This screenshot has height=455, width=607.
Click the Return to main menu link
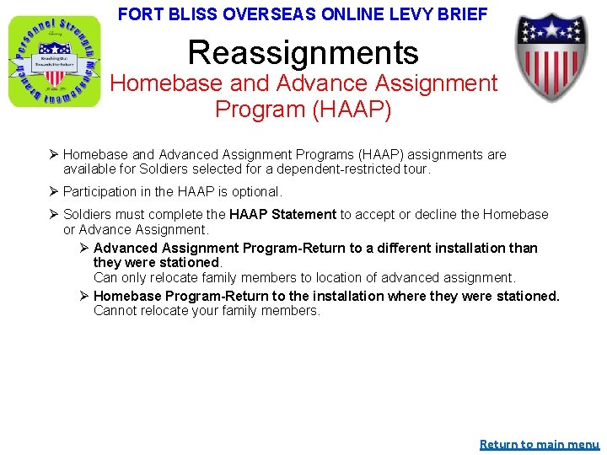point(539,444)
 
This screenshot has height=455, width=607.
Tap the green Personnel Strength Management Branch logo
point(53,62)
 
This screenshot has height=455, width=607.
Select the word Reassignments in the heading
point(303,52)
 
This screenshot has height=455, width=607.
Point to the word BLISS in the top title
point(189,14)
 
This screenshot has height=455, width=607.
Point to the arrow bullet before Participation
point(52,191)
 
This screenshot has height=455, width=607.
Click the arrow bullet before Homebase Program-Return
point(83,296)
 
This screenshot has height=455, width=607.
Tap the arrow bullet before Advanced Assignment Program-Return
point(83,248)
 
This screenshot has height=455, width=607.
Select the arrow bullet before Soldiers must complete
point(52,215)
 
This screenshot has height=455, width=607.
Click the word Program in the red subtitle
point(265,110)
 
